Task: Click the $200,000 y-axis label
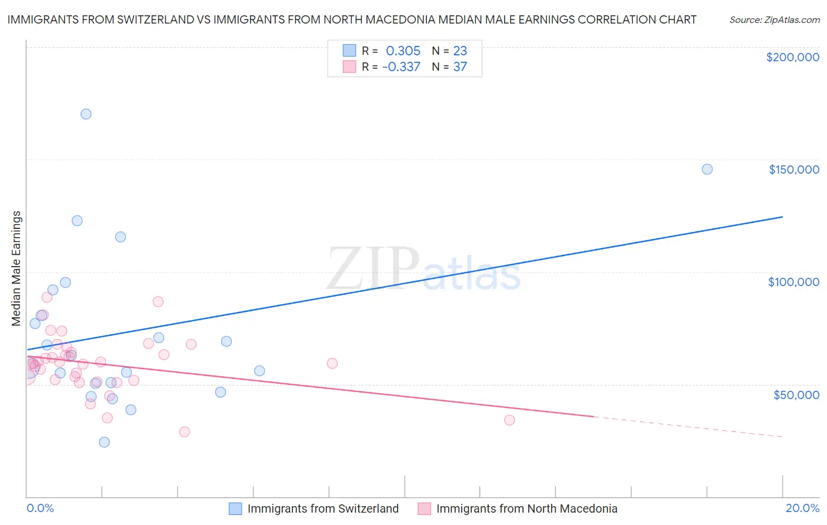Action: click(792, 57)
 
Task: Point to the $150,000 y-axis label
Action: click(793, 170)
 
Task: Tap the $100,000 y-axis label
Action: click(793, 282)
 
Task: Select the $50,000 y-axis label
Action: click(796, 394)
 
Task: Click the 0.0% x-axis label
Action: click(40, 508)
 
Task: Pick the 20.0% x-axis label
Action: click(802, 508)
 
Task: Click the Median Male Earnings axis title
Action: click(16, 268)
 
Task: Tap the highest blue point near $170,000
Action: click(86, 114)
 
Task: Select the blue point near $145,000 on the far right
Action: click(707, 170)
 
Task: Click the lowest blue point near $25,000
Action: click(104, 442)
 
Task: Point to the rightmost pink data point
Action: click(509, 420)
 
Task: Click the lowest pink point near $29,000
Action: click(184, 432)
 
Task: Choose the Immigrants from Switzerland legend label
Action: click(323, 509)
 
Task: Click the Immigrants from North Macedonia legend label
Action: click(526, 509)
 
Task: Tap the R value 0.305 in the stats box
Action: click(403, 51)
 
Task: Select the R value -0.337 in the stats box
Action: click(401, 67)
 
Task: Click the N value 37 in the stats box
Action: click(460, 67)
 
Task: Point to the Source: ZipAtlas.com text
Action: click(774, 20)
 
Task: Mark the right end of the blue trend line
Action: click(782, 217)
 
